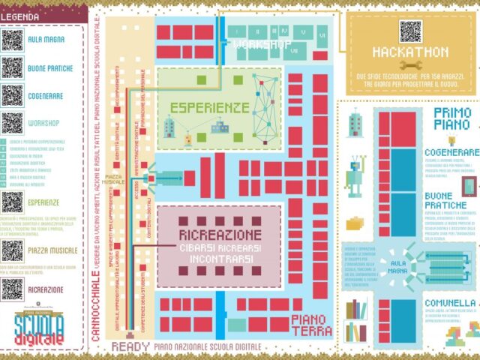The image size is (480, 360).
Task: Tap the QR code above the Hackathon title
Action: pos(410,31)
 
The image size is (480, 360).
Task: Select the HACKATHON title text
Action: pos(410,52)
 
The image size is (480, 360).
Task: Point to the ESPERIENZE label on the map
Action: pos(209,107)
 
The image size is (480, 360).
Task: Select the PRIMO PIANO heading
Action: pos(453,118)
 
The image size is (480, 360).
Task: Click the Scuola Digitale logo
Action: pos(39,328)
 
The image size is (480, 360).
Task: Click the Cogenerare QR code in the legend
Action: pos(12,95)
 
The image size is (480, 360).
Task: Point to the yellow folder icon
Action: pos(355,223)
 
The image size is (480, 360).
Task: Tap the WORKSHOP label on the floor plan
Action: pos(262,45)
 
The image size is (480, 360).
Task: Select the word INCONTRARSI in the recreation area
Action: pos(218,260)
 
